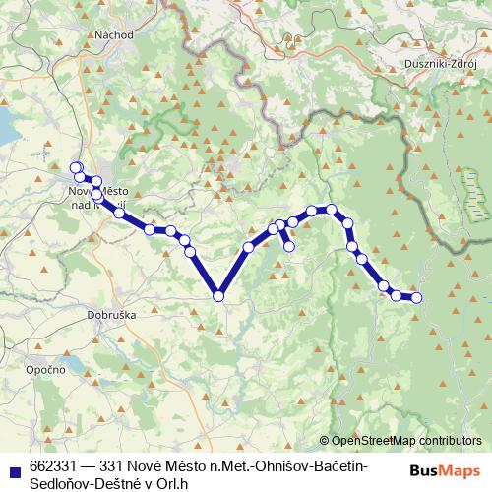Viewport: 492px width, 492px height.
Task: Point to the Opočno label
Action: pos(45,369)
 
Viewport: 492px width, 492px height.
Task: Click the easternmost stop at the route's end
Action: pos(416,297)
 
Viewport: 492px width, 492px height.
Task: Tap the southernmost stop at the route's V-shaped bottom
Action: pos(218,294)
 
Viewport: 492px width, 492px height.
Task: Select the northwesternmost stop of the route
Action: pos(76,167)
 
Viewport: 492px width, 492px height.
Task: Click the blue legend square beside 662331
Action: pos(14,465)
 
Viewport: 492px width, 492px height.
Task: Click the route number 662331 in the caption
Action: pos(54,465)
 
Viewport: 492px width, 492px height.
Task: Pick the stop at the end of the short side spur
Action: pos(289,247)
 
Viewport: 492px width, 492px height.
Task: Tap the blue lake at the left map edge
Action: pos(8,126)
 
